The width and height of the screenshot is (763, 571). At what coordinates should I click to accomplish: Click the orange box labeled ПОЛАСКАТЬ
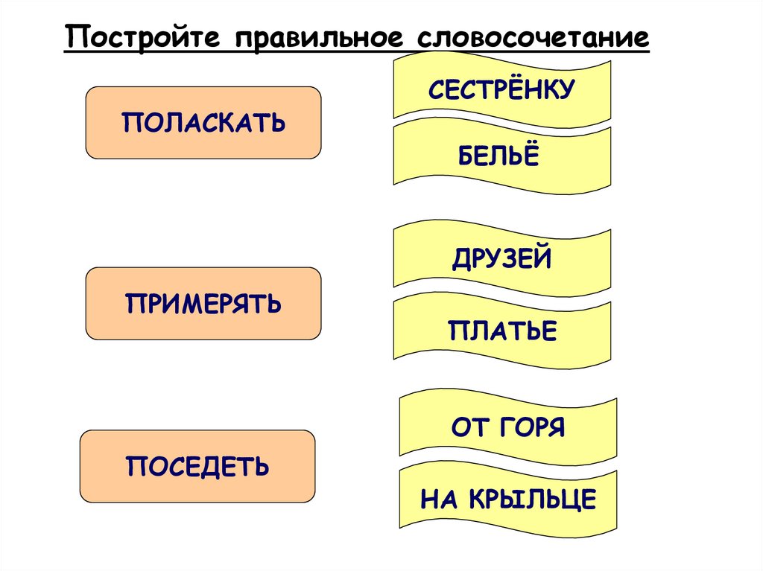[203, 122]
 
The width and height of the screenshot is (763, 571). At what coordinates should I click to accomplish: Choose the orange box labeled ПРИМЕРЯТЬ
[203, 304]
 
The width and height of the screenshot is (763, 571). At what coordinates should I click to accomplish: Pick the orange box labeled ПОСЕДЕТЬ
[197, 466]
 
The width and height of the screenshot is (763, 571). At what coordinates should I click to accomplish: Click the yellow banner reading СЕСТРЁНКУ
[501, 89]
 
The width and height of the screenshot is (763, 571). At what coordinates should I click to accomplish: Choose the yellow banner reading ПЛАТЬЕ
[502, 330]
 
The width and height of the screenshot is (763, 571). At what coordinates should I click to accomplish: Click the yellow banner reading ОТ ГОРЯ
[508, 428]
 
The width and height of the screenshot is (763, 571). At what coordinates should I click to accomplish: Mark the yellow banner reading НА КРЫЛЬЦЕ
[508, 499]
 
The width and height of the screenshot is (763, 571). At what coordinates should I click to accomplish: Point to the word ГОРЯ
[531, 429]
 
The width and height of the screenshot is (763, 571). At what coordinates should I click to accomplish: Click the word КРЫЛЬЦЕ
[532, 500]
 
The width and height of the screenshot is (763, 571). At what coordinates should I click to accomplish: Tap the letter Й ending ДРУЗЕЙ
[542, 258]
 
